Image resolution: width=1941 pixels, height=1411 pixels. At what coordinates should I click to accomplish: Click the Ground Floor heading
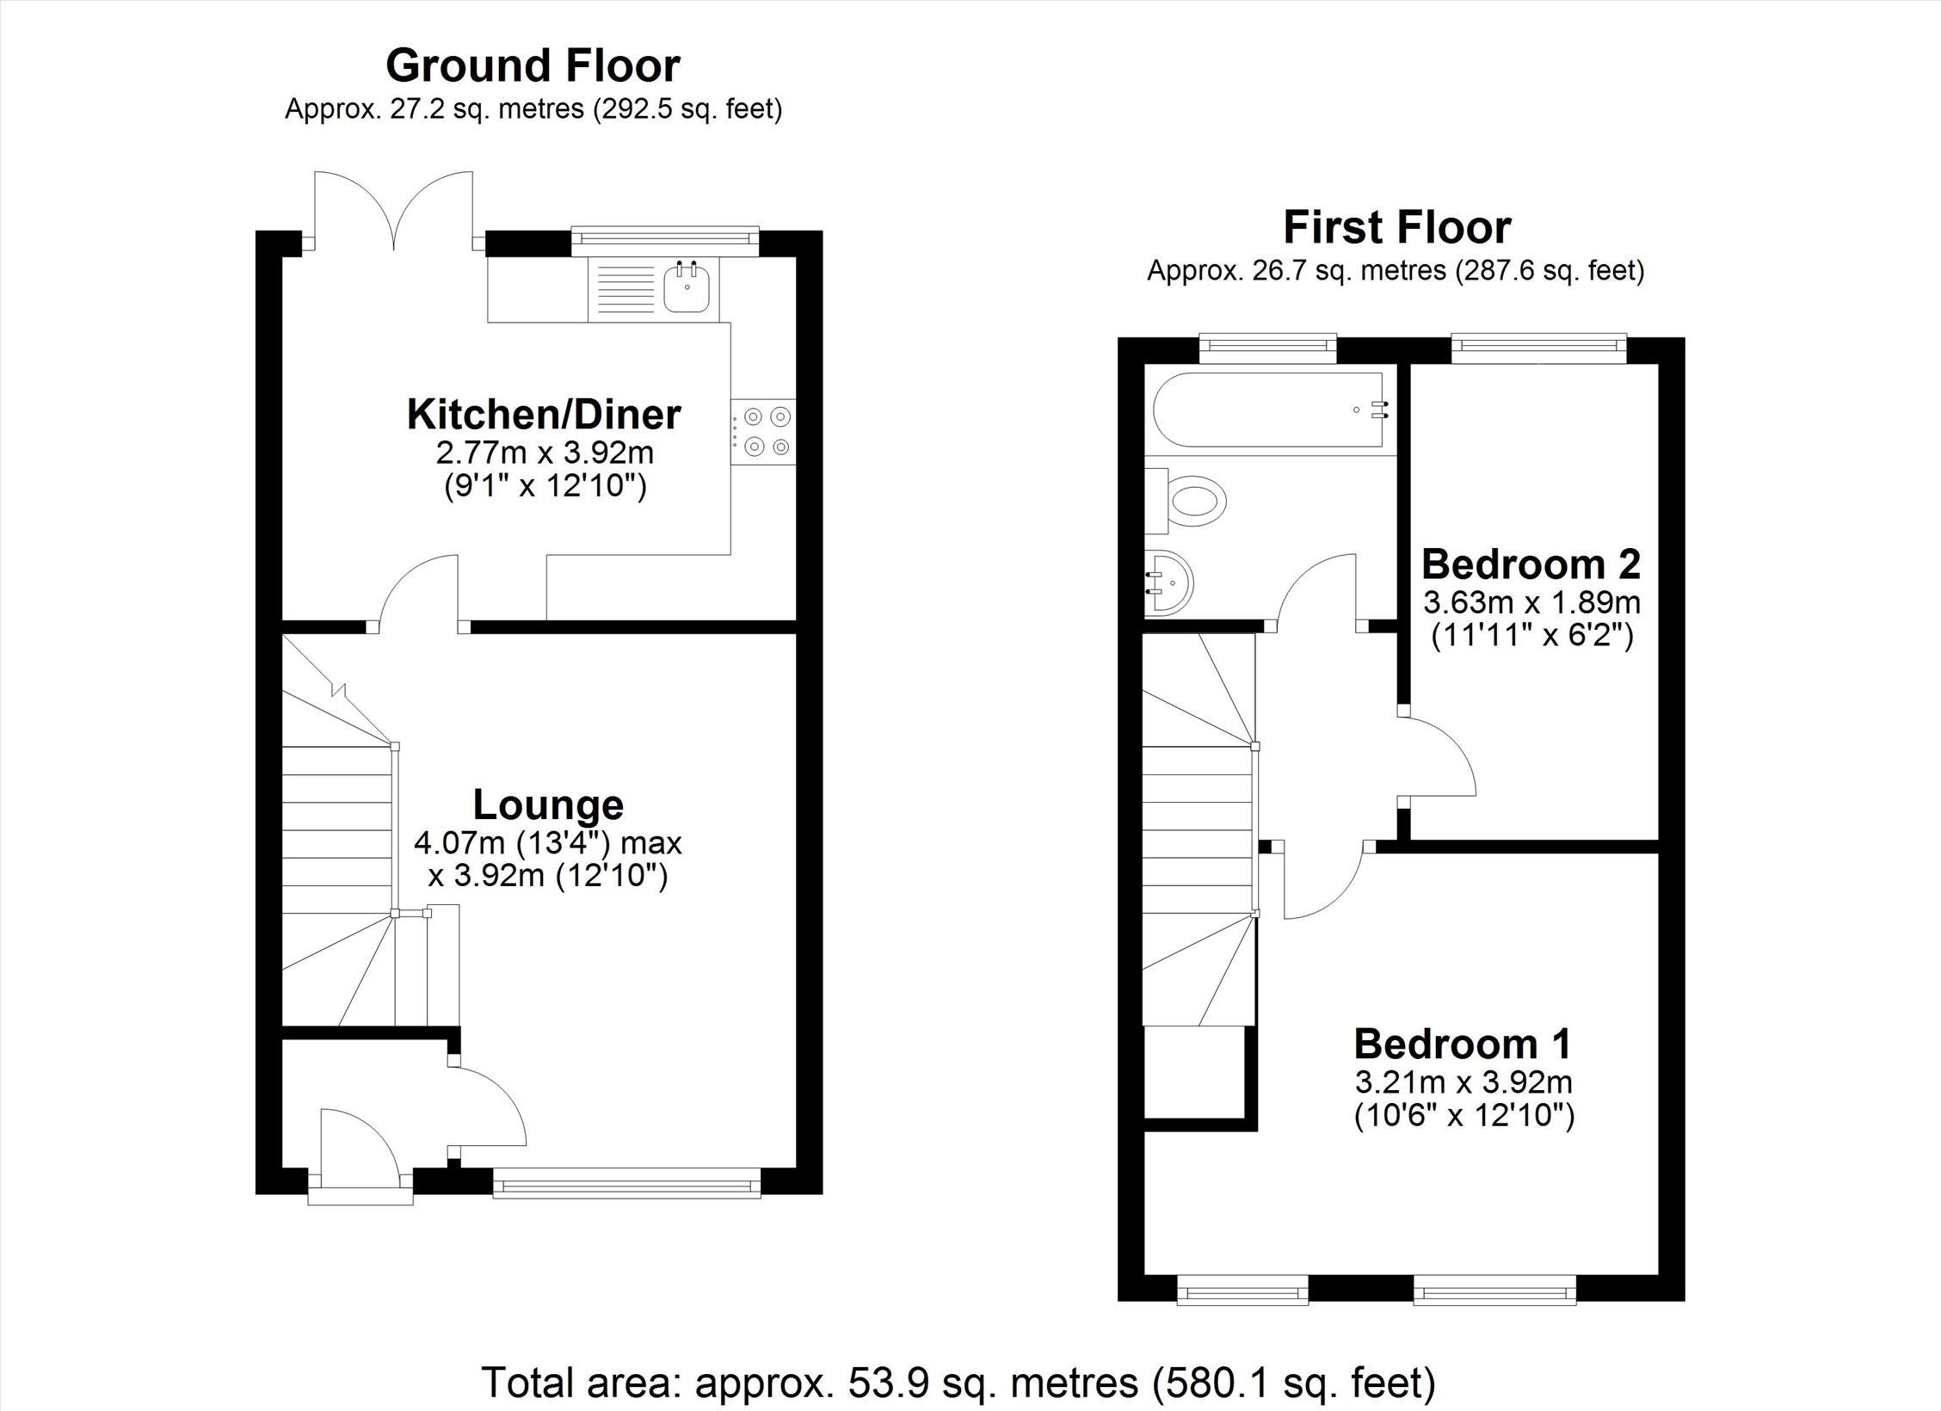coord(533,65)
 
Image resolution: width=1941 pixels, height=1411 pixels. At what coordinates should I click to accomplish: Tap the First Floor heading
coord(1397,227)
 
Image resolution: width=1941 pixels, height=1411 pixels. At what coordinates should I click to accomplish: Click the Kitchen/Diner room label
coord(544,414)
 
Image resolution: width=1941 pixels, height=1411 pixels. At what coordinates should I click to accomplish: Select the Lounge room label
coord(548,804)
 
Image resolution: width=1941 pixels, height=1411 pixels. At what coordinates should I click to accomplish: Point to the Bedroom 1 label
coord(1463,1044)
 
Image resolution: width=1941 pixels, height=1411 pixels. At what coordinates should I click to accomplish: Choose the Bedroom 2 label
coord(1531,564)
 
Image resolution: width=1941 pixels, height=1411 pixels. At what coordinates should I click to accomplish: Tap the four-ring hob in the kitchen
coord(764,432)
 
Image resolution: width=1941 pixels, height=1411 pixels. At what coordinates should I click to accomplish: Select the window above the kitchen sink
coord(666,241)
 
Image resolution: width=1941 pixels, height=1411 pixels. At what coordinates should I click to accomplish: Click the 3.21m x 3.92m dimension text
coord(1463,1081)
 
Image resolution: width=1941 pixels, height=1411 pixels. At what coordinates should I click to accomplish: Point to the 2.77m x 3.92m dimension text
coord(545,452)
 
